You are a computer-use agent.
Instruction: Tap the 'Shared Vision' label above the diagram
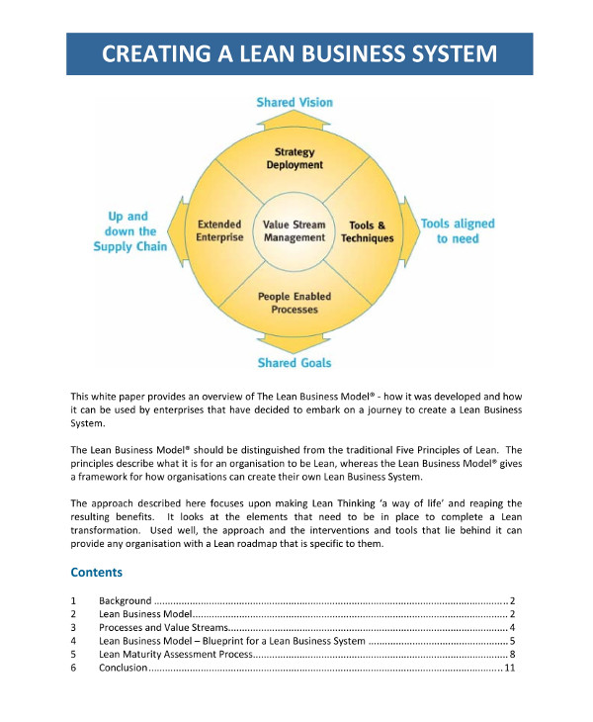(295, 102)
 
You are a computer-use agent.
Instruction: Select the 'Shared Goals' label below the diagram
(295, 363)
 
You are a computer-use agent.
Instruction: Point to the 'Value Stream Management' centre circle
(295, 230)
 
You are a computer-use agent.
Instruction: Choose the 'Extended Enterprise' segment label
(219, 230)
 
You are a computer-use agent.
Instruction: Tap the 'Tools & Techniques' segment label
(368, 231)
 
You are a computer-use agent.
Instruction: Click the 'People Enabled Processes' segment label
(295, 302)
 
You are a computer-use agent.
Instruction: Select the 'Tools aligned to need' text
(458, 230)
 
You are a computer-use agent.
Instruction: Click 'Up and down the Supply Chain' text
(130, 230)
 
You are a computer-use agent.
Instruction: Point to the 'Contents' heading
(97, 572)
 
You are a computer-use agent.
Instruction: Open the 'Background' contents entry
(125, 600)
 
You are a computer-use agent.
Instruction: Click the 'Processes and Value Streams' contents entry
(163, 628)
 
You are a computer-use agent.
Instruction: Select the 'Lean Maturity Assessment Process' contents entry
(175, 655)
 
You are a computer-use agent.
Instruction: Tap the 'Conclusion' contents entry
(123, 669)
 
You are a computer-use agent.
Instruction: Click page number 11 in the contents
(510, 669)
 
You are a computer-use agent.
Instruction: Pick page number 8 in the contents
(512, 655)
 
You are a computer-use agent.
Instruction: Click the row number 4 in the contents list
(74, 642)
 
